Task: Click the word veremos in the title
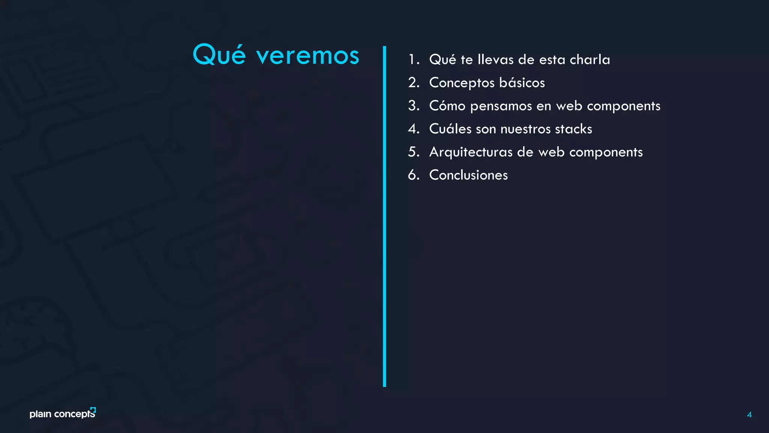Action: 308,56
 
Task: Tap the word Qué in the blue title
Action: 219,55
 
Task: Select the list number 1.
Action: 413,59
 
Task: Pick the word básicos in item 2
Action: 522,83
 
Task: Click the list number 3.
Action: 413,106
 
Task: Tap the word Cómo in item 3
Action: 447,106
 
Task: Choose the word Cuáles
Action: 450,129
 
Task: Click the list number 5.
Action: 413,152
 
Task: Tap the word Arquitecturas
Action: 471,152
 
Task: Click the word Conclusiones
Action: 468,175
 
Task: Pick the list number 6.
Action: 413,175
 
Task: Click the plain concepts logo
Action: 63,413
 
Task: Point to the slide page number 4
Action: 749,415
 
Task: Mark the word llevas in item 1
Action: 496,59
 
